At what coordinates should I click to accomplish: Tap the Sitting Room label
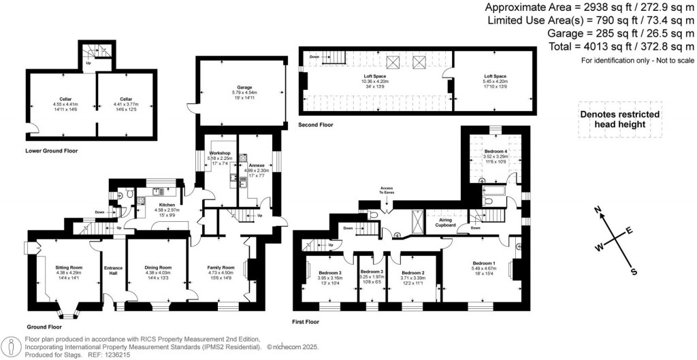tap(68, 267)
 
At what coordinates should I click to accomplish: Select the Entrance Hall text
tap(112, 271)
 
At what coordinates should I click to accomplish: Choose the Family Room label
tap(221, 267)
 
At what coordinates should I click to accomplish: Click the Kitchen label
tap(167, 205)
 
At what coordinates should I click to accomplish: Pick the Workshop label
tap(221, 153)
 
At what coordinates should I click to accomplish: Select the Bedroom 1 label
tap(485, 263)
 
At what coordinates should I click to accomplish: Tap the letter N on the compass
tap(597, 210)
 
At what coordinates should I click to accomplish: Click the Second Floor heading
tap(316, 126)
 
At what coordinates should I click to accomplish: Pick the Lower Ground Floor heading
tap(50, 150)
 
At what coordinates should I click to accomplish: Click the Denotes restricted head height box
tap(619, 120)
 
